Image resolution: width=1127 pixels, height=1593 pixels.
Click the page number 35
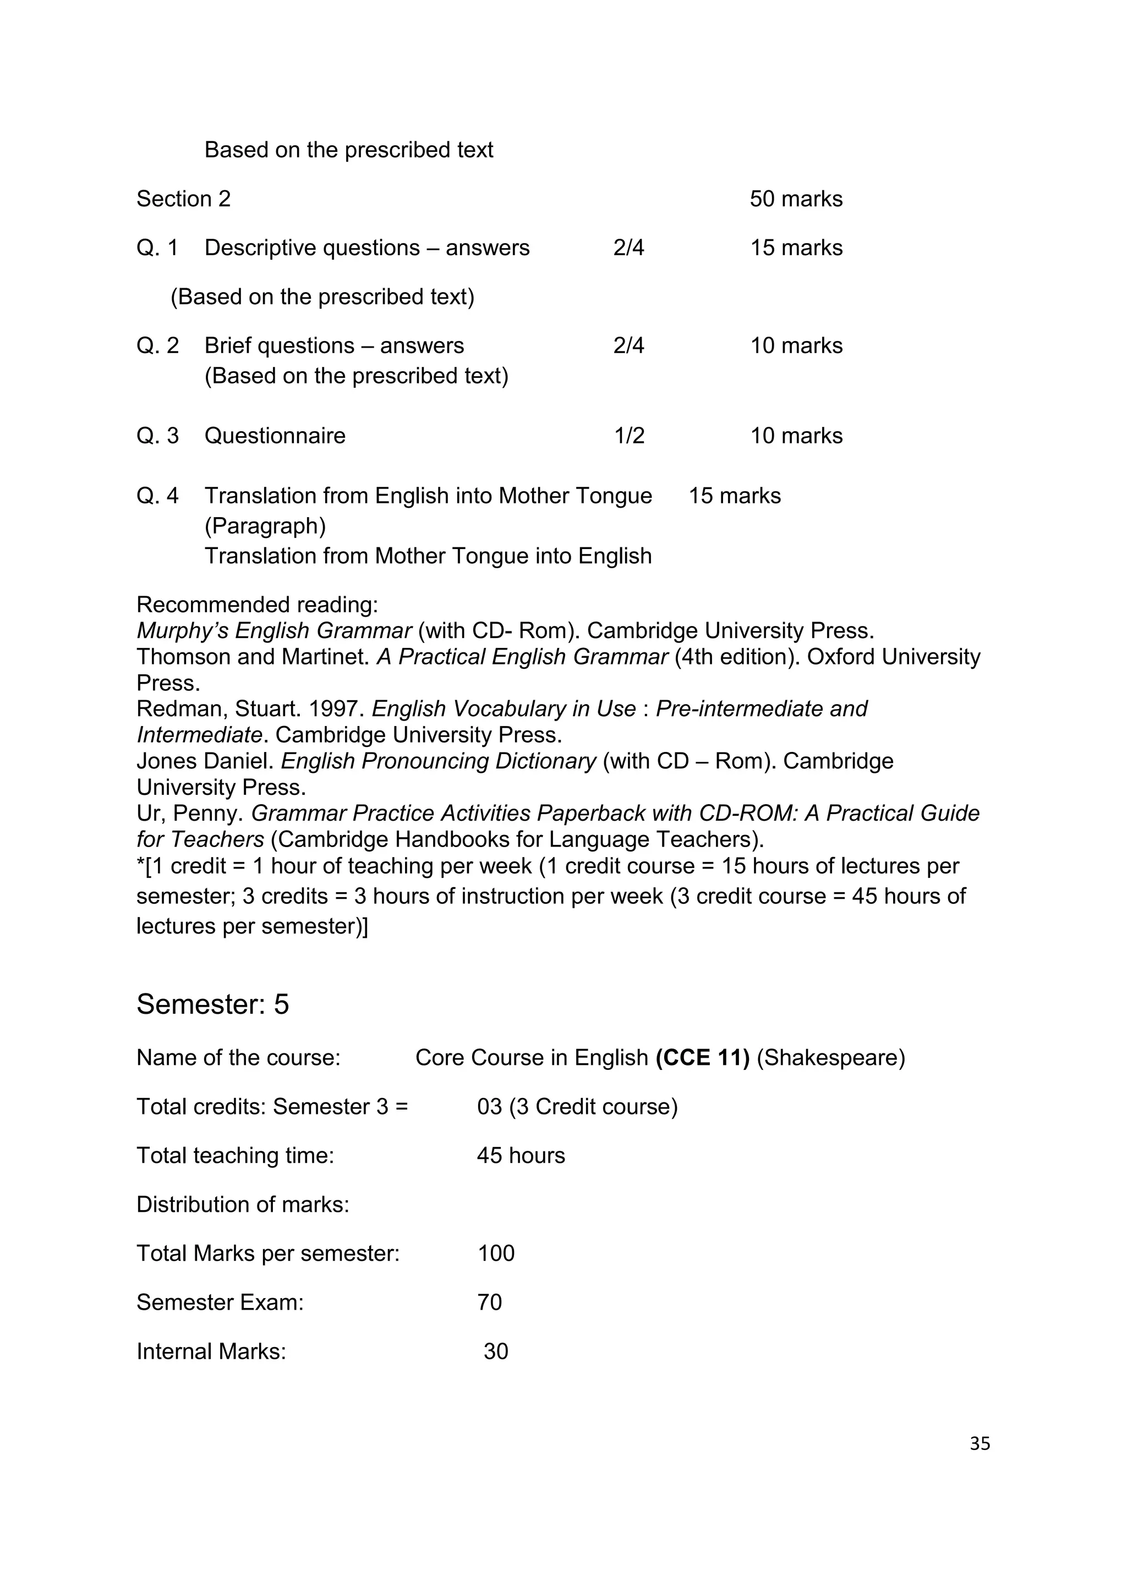(979, 1443)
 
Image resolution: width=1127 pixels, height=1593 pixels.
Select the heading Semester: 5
(212, 1004)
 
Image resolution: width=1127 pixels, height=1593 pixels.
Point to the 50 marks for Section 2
(795, 199)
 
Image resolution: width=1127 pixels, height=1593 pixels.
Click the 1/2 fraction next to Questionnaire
(629, 436)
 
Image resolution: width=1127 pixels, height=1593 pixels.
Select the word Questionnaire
(275, 436)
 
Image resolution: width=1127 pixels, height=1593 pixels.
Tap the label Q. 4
(157, 496)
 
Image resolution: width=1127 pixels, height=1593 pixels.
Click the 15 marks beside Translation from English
(734, 496)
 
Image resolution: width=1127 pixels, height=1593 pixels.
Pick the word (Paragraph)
(265, 526)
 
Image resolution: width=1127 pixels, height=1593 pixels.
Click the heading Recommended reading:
(257, 605)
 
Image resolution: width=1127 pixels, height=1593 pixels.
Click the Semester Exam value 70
(489, 1303)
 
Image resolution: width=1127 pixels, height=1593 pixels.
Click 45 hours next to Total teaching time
(521, 1155)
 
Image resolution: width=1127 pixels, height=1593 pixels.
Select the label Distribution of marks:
(242, 1205)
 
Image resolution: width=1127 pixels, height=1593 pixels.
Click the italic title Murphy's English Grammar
(274, 631)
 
